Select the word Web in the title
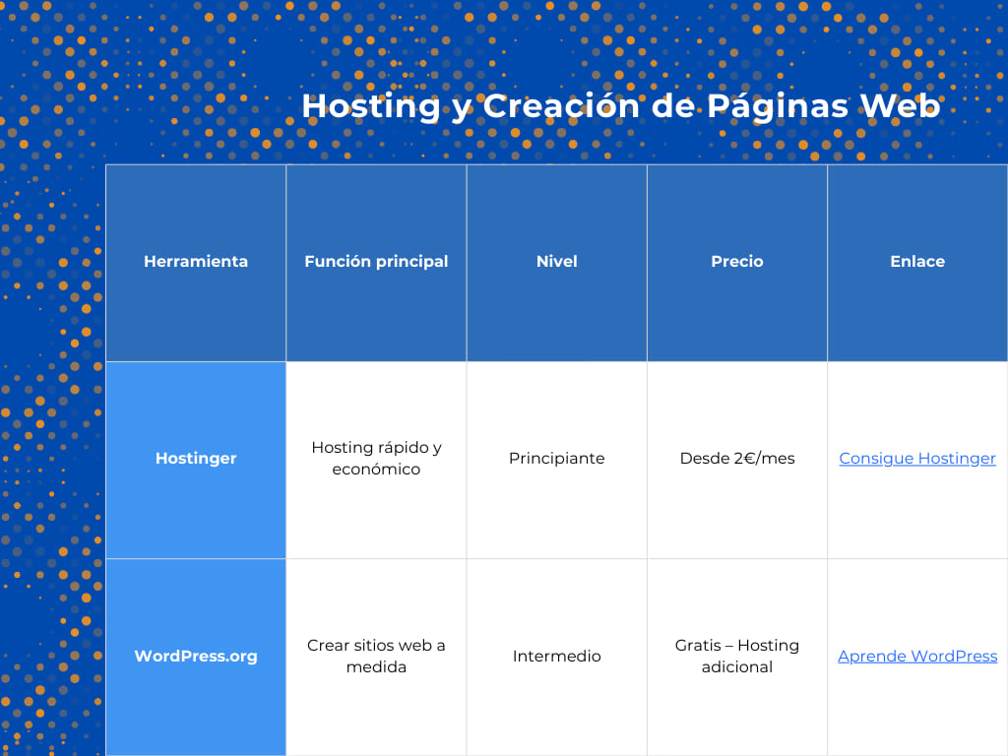(900, 105)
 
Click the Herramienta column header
(196, 261)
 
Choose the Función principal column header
(376, 261)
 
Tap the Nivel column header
(556, 261)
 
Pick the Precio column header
(737, 261)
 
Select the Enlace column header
(917, 261)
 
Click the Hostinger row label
(196, 458)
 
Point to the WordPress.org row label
(196, 656)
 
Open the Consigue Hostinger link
(917, 459)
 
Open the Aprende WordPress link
(917, 657)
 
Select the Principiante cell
(556, 459)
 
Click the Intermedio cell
(556, 657)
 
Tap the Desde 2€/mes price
(737, 459)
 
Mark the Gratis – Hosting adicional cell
(737, 656)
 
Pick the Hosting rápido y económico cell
(376, 458)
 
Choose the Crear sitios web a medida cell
(376, 656)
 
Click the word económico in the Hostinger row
(376, 470)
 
